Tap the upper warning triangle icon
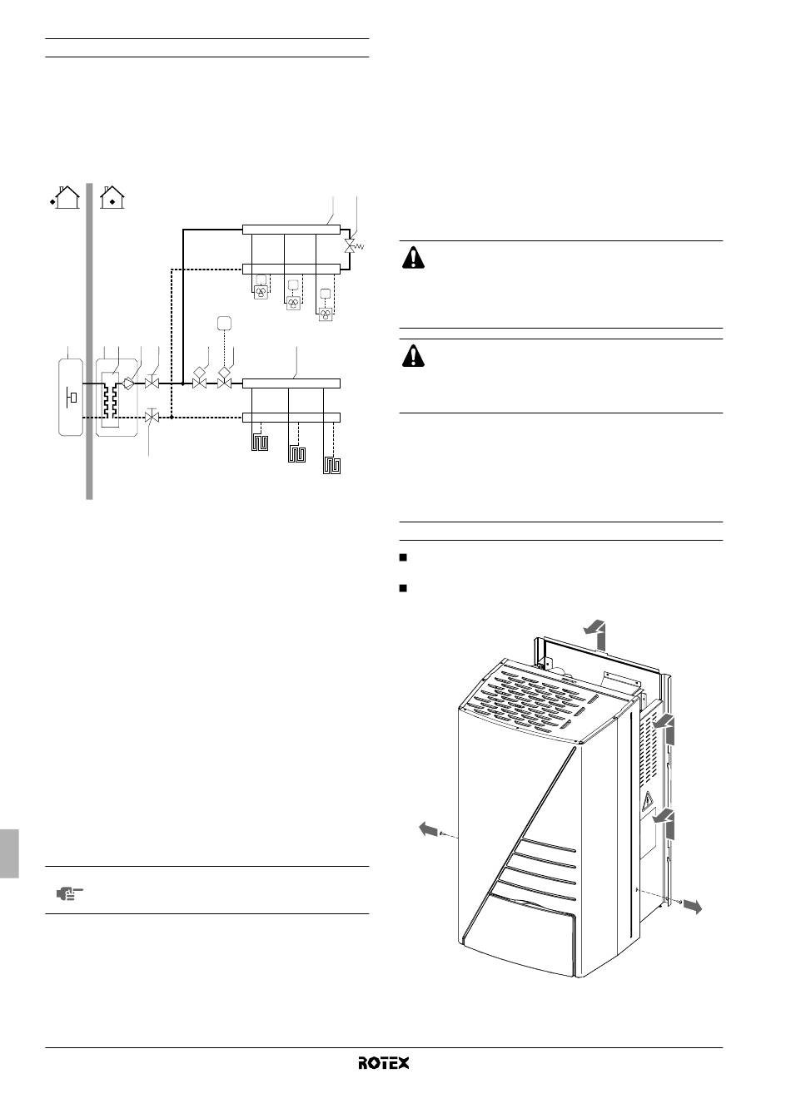click(413, 258)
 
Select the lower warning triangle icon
click(413, 356)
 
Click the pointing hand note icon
click(69, 893)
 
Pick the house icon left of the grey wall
click(66, 197)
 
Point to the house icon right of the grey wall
click(112, 197)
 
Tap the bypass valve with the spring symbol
click(351, 245)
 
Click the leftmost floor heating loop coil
click(260, 443)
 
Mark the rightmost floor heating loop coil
click(331, 465)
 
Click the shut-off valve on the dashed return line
click(152, 416)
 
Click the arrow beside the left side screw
click(428, 829)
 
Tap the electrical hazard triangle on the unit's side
click(648, 800)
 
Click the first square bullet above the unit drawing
click(403, 557)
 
